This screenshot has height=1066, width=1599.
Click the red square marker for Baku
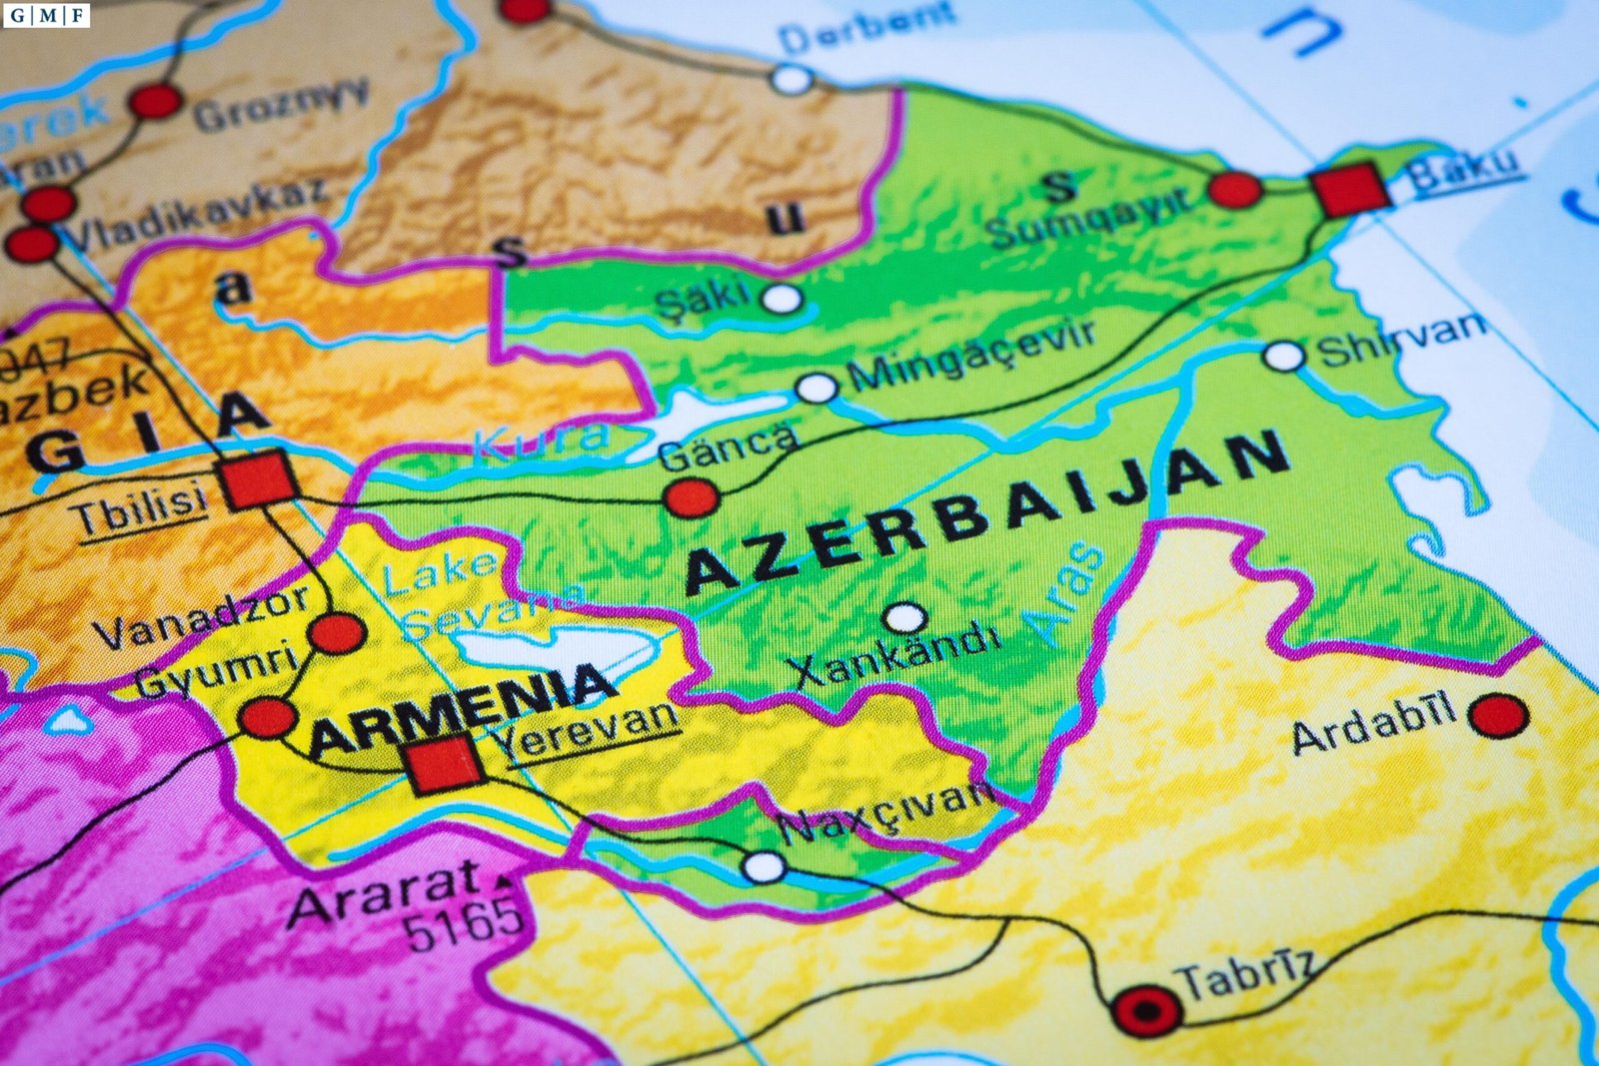pos(1350,189)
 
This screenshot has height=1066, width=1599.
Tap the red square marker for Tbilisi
pos(259,480)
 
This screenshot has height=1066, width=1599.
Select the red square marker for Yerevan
pos(444,764)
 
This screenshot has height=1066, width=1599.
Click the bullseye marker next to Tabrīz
pos(1146,1010)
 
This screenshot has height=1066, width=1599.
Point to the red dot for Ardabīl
pos(1498,715)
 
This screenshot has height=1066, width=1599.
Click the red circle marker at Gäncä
pos(692,497)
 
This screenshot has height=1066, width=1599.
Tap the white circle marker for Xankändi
pos(905,617)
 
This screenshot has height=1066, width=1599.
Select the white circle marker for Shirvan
pos(1284,356)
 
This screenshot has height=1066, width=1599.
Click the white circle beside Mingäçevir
pos(817,388)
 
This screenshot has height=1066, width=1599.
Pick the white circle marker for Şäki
pos(782,298)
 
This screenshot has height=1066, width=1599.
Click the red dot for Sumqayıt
pos(1235,190)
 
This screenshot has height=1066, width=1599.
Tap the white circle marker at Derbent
pos(792,78)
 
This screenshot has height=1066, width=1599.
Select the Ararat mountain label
pos(385,892)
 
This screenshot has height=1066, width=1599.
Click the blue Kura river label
pos(540,439)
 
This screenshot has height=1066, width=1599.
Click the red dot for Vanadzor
pos(337,633)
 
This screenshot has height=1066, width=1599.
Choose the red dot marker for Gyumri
pos(267,717)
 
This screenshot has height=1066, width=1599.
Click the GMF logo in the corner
pos(46,15)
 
